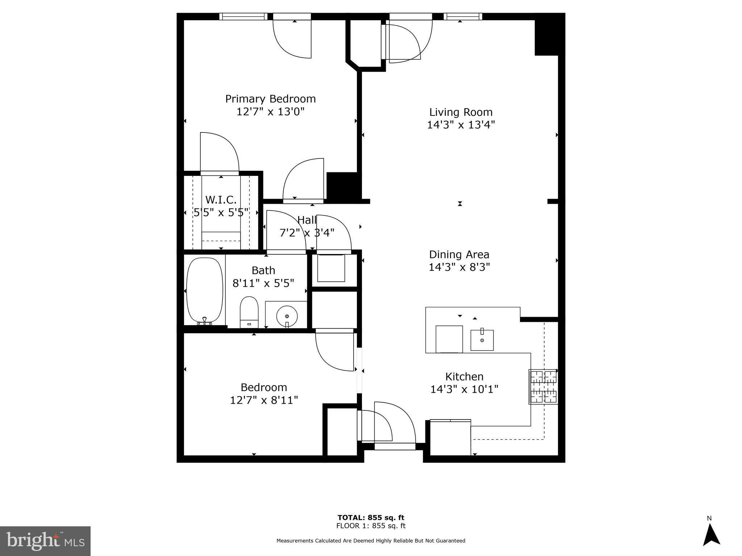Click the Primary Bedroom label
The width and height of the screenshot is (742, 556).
coord(270,99)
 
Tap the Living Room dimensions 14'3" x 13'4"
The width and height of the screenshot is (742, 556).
coord(460,125)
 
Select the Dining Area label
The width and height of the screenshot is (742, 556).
coord(459,254)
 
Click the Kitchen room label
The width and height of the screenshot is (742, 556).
coord(464,377)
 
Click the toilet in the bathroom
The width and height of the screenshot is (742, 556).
coord(249,312)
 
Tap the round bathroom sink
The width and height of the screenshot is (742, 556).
coord(287,316)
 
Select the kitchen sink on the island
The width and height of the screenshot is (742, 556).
coord(482,340)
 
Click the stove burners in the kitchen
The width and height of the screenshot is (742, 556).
coord(543,387)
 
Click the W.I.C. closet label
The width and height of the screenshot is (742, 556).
coord(221,200)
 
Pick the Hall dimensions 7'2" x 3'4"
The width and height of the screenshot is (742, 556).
coord(307,233)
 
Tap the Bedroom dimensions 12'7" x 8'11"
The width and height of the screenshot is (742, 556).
coord(264,400)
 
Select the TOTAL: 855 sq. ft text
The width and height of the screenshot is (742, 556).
coord(371,518)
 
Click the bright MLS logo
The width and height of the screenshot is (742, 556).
coord(45,541)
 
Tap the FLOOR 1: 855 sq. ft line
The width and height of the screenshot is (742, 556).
coord(371,526)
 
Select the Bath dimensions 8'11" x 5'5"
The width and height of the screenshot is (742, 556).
coord(263,283)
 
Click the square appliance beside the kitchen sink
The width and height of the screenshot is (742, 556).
coord(449,339)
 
